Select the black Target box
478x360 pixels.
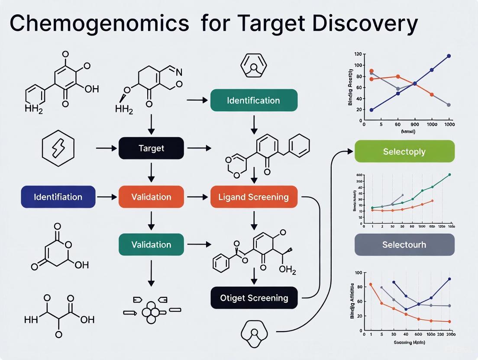click(x=151, y=148)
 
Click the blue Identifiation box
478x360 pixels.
click(x=58, y=197)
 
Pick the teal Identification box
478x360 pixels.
click(x=253, y=100)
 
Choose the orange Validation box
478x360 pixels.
click(x=151, y=197)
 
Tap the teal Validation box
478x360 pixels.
click(x=151, y=244)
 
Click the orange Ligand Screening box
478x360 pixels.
click(x=254, y=197)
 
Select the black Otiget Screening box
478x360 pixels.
click(x=254, y=298)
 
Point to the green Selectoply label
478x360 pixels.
click(x=404, y=152)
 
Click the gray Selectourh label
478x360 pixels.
click(x=404, y=244)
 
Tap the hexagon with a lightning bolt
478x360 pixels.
click(x=58, y=149)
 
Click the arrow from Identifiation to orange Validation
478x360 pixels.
click(x=107, y=197)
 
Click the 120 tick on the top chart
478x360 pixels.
click(x=357, y=55)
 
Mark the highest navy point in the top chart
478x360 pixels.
click(x=449, y=56)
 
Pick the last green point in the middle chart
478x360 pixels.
click(x=449, y=174)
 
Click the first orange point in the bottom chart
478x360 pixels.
click(x=371, y=284)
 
